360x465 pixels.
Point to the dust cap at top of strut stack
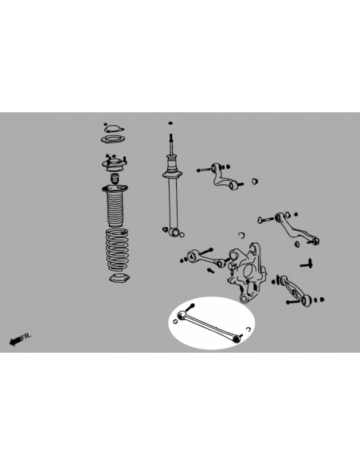coord(112,132)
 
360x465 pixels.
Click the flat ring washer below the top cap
coord(112,144)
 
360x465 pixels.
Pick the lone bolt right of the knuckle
coord(305,261)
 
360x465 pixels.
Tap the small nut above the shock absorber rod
coord(170,123)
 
